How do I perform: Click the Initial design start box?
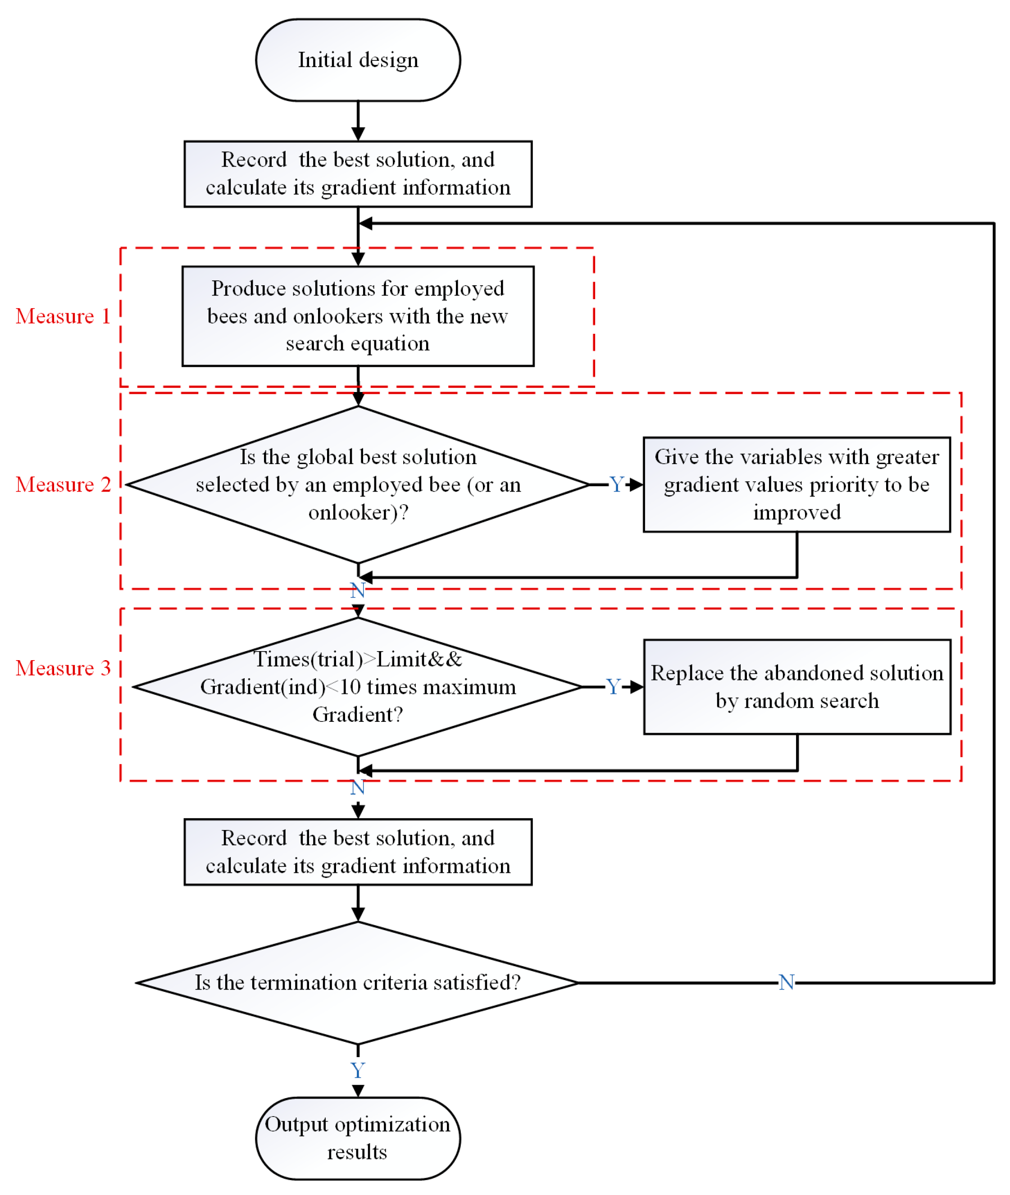click(x=358, y=60)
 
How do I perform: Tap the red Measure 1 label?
click(x=63, y=316)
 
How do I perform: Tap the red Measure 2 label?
click(x=63, y=484)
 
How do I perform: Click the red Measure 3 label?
click(x=63, y=668)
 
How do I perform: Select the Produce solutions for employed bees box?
click(x=358, y=316)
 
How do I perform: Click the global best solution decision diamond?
click(x=358, y=484)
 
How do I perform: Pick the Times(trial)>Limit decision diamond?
click(x=358, y=687)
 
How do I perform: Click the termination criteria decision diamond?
click(x=358, y=983)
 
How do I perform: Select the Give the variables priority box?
click(x=796, y=484)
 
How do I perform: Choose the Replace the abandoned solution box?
click(x=796, y=687)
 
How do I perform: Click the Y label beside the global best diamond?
click(x=616, y=485)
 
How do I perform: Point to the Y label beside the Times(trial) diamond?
click(x=613, y=687)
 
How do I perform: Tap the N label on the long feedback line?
click(x=786, y=983)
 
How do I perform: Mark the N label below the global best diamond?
click(x=358, y=590)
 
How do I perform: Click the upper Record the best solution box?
click(x=358, y=173)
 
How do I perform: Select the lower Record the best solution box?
click(x=358, y=852)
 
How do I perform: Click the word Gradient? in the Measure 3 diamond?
click(x=358, y=715)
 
